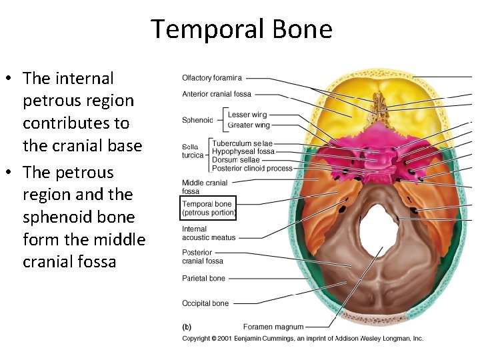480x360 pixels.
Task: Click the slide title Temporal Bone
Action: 241,29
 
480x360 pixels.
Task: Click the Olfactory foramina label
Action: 212,79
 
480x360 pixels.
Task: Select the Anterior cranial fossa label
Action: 217,94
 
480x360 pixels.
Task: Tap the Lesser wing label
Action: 247,115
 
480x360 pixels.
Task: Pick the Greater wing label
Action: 249,125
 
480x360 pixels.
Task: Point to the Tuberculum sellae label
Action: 242,143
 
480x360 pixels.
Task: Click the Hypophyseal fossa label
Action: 243,152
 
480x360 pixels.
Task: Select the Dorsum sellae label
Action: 235,160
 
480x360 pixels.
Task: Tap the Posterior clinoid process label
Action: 252,169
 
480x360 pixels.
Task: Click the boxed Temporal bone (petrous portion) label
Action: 209,208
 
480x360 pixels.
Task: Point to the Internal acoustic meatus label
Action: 209,233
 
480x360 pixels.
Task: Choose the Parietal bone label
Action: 203,279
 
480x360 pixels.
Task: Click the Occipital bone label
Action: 205,303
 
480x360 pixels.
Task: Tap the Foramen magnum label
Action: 273,327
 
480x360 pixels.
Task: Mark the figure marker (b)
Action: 187,327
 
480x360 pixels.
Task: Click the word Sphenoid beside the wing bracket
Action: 197,121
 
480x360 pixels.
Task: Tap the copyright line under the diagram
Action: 303,339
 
